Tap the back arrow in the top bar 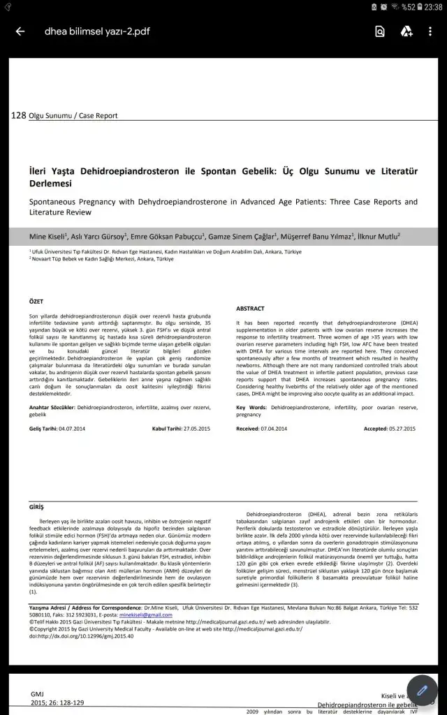(x=20, y=31)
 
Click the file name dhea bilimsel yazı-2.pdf (x=97, y=31)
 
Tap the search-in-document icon (x=379, y=31)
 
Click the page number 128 (x=19, y=115)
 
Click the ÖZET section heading (x=36, y=302)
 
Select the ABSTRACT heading (x=250, y=308)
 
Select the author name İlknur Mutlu (x=379, y=237)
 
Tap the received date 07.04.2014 (x=273, y=428)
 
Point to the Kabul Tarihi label (x=169, y=428)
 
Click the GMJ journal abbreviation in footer (x=36, y=694)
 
